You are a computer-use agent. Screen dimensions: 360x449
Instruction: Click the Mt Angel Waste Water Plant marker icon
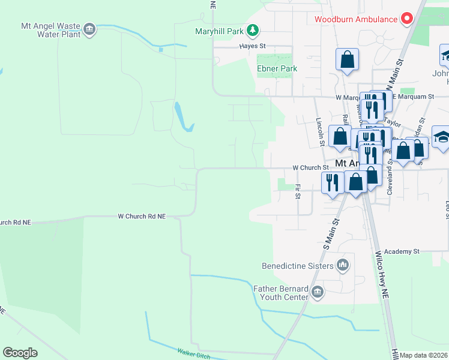coord(89,29)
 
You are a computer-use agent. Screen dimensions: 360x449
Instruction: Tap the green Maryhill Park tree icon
coord(253,30)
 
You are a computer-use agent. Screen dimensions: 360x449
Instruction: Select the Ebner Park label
coord(277,68)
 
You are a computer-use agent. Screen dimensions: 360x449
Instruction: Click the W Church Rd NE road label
coord(141,216)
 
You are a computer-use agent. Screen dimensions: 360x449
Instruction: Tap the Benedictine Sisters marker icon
coord(342,265)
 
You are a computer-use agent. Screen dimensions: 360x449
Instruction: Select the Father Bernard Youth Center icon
coord(318,293)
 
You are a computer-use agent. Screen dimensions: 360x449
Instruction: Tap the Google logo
coord(20,352)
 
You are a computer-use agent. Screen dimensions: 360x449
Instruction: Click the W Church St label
coord(310,168)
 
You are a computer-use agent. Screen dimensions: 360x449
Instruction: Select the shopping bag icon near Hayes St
coord(347,59)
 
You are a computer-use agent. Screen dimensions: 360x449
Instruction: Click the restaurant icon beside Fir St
coord(333,181)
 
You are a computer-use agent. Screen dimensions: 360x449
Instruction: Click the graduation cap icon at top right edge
coord(444,56)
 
